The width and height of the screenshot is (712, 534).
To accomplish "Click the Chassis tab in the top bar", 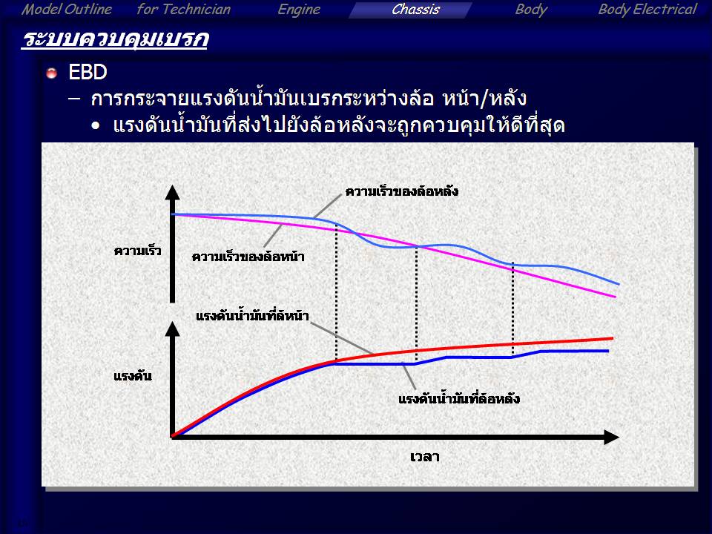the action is point(415,10).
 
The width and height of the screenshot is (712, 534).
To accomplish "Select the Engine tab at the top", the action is point(299,10).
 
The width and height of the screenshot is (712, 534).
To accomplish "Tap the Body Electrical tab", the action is point(647,10).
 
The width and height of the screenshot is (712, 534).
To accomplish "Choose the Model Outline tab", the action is point(67,10).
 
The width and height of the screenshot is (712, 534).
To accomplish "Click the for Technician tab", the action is point(183,10).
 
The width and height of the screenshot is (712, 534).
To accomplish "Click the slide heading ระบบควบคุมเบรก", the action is point(114,39).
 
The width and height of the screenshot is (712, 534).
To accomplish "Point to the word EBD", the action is point(88,72).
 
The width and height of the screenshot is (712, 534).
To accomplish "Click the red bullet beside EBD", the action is point(52,73).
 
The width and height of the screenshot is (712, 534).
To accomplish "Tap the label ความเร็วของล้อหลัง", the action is point(402,191).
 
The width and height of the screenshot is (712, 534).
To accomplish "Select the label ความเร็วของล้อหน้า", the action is point(248,257).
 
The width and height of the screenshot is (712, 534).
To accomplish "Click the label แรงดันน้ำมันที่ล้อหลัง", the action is point(458,399).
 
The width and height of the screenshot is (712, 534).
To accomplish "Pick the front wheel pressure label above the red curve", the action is point(252,316).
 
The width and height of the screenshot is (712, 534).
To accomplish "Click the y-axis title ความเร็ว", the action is point(138,251).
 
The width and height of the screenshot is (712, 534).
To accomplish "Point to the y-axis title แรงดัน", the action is point(133,376).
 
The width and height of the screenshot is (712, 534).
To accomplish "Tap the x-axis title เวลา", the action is point(424,457).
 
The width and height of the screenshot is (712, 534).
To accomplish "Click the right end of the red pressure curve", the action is point(613,338).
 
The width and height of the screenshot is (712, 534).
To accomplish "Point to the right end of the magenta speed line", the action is point(616,297).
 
